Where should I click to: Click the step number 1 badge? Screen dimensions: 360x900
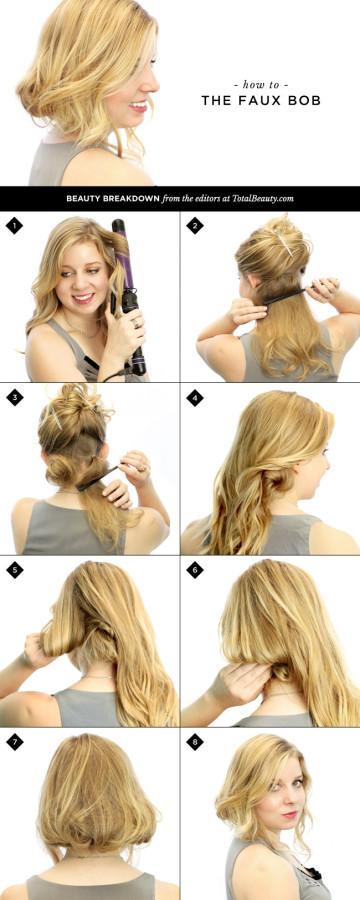point(14,226)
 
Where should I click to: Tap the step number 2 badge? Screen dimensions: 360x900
point(195,226)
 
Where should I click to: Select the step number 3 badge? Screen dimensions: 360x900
point(14,398)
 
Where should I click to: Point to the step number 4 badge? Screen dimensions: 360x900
point(195,398)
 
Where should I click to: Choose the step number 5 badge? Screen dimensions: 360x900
point(14,570)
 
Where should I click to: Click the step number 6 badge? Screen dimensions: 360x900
point(195,570)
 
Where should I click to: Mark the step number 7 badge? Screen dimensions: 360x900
point(14,742)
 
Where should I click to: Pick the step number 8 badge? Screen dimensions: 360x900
point(195,742)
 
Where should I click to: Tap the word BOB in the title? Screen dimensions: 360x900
point(304,101)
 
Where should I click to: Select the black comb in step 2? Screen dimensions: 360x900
point(284,297)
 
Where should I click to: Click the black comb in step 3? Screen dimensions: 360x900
point(98,478)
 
